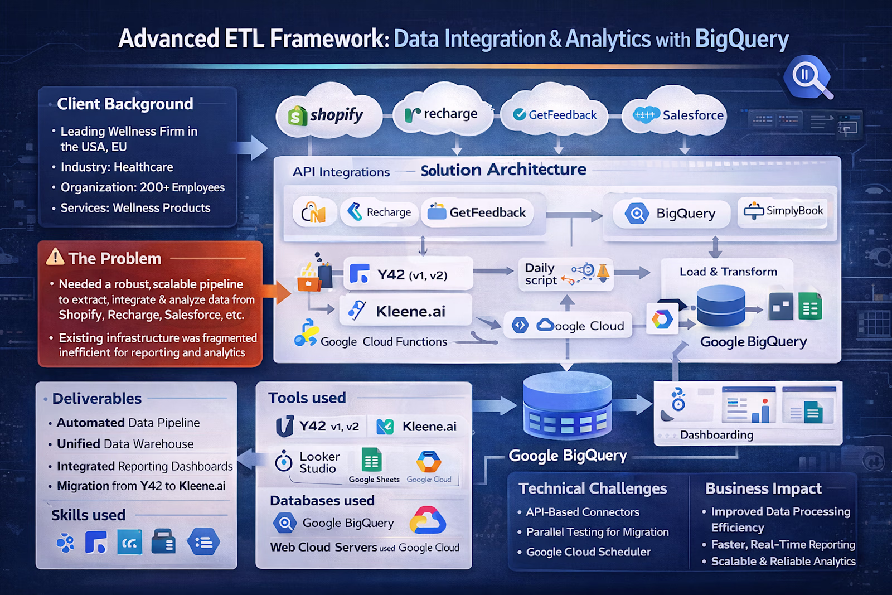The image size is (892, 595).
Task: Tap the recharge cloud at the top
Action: pos(442,114)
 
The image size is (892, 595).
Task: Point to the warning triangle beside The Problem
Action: pos(55,257)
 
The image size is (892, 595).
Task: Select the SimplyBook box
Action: pos(783,211)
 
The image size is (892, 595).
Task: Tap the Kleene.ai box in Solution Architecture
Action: pos(406,311)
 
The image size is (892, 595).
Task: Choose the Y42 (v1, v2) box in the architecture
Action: pos(408,274)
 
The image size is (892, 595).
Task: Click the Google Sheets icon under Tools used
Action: pos(371,461)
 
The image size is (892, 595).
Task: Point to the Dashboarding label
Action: pos(716,435)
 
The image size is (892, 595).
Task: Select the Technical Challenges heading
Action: pos(593,488)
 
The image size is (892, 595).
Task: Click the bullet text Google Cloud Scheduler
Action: pos(588,552)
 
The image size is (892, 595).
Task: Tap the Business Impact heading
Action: pos(763,488)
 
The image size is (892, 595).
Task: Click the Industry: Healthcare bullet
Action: pos(117,167)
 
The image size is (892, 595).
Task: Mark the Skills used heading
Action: pos(88,515)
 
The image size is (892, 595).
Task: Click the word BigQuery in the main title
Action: pos(741,39)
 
